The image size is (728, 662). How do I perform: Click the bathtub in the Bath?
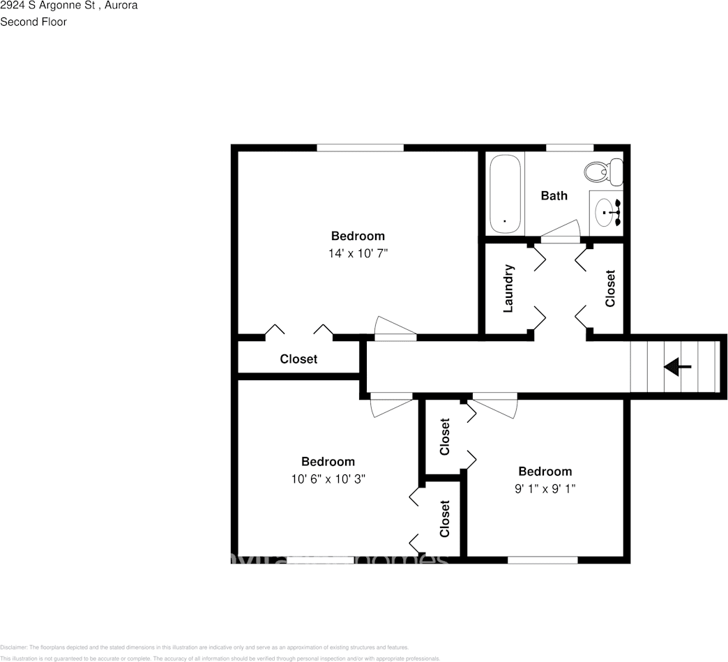point(505,194)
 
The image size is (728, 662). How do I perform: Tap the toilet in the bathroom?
point(604,171)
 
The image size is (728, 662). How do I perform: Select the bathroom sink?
point(607,209)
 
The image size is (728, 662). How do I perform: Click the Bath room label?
point(554,196)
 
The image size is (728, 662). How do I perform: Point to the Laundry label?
point(508,288)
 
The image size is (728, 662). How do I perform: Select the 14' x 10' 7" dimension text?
point(358,254)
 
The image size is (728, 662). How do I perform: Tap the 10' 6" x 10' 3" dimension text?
point(328,479)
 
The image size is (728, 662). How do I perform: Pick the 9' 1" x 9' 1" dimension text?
point(545,489)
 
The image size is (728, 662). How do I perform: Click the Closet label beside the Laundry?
point(610,288)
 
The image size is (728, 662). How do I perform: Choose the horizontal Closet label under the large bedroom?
point(298,359)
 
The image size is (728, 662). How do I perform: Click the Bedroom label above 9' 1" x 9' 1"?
point(545,472)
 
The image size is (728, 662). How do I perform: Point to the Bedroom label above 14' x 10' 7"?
point(358,236)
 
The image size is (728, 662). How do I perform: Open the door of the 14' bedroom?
point(395,330)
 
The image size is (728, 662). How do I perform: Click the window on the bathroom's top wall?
point(569,148)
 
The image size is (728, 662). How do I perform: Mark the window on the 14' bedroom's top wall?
point(360,148)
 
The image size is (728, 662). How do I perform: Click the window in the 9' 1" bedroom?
point(543,559)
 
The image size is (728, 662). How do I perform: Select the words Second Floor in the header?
point(33,22)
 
